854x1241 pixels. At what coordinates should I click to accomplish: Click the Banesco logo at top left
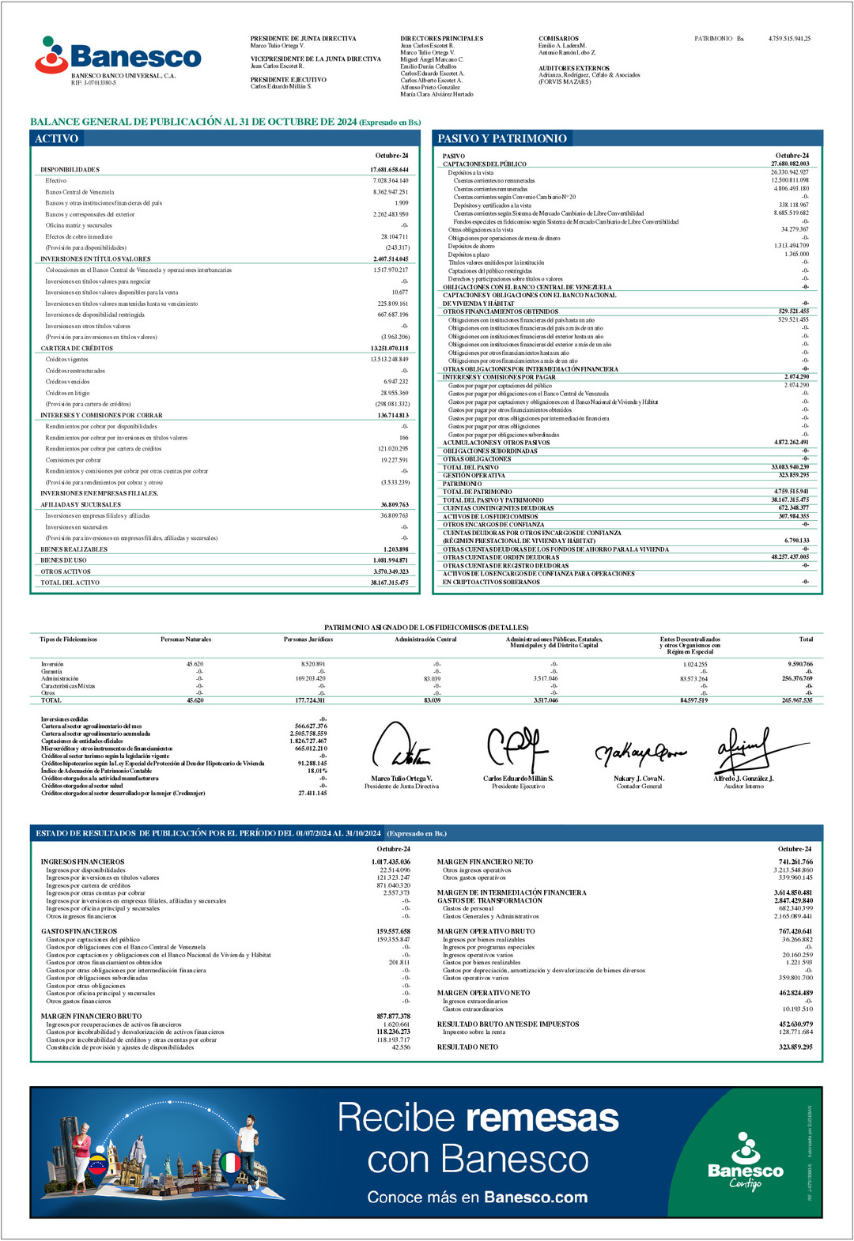click(119, 56)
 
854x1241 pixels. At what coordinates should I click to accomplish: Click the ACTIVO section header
click(56, 138)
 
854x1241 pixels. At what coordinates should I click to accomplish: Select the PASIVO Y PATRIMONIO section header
click(502, 138)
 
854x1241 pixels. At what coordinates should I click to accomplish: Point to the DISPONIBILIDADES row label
click(70, 170)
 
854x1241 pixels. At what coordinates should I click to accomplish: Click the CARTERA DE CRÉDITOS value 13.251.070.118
click(389, 349)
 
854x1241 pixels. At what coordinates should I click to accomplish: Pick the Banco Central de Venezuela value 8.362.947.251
click(391, 192)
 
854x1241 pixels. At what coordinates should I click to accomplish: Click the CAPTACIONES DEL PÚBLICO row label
click(484, 164)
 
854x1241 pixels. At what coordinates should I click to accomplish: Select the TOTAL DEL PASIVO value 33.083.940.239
click(790, 467)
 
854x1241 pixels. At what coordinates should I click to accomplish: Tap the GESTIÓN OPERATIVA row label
click(474, 475)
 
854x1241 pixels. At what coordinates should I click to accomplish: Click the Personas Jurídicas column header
click(308, 639)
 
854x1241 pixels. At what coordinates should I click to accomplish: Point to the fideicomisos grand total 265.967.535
click(797, 700)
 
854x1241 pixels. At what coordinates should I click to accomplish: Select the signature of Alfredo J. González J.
click(743, 749)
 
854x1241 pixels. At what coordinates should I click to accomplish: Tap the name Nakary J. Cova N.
click(639, 779)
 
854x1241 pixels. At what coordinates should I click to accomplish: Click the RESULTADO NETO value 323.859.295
click(795, 1047)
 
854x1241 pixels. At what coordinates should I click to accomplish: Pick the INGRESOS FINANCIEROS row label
click(83, 862)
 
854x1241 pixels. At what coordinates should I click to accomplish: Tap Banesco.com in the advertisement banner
click(535, 1198)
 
